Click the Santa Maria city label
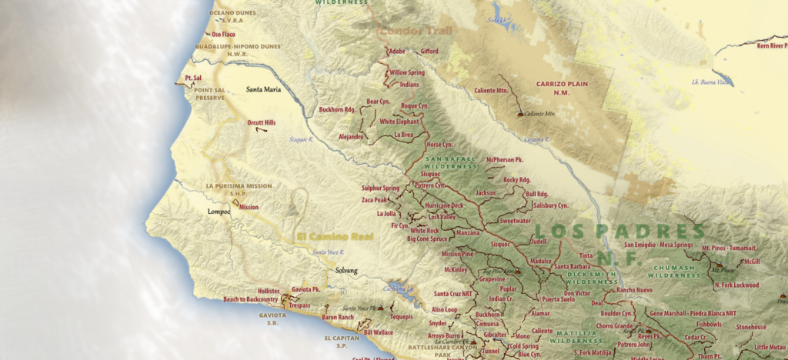(262, 89)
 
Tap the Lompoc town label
(219, 211)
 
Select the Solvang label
(346, 270)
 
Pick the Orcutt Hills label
(262, 122)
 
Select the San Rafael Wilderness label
(451, 163)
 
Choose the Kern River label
(772, 46)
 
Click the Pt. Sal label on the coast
(192, 78)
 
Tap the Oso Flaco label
(223, 34)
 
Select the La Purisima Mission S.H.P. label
(239, 190)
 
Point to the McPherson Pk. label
(505, 159)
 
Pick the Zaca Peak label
(375, 200)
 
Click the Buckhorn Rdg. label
(337, 109)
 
